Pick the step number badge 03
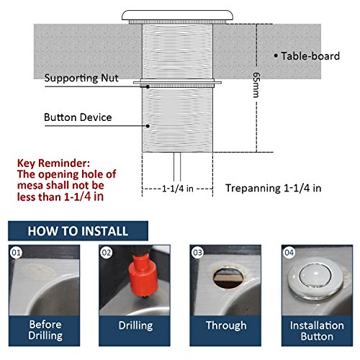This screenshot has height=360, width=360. pos(196,253)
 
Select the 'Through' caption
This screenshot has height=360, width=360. pos(226,325)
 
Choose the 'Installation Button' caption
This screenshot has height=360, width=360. pos(313,330)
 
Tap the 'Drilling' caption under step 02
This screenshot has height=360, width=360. pos(137,325)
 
